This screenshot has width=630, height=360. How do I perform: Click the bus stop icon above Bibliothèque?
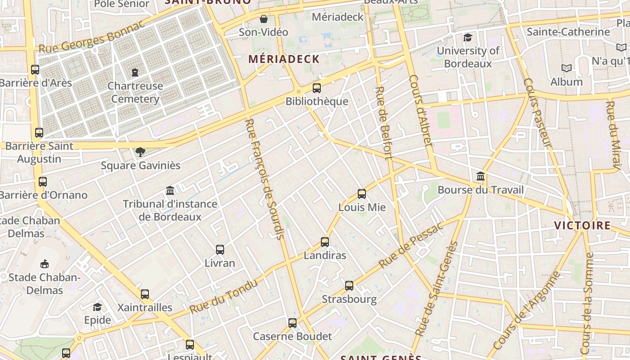(x=317, y=88)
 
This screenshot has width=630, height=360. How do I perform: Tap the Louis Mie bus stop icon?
(x=362, y=194)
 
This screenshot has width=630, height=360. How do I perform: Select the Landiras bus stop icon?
(x=325, y=242)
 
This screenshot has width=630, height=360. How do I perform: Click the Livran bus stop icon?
(x=220, y=250)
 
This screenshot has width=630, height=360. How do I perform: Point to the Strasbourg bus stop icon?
(x=349, y=286)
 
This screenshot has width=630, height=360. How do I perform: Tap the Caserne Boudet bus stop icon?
(x=292, y=323)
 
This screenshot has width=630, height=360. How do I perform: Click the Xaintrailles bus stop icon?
(x=145, y=294)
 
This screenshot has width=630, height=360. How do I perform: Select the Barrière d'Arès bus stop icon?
(x=35, y=70)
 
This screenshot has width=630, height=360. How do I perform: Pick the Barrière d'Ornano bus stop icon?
(x=43, y=182)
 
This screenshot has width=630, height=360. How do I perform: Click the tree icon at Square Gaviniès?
(x=140, y=152)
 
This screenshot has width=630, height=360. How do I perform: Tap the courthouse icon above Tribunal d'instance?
(x=170, y=191)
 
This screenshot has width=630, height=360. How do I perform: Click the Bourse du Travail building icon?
(x=481, y=176)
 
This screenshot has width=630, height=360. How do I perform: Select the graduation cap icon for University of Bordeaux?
(x=468, y=37)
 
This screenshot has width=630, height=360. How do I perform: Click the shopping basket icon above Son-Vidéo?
(x=264, y=19)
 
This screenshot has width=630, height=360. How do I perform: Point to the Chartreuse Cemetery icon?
(x=135, y=72)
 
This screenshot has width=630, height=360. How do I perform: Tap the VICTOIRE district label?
(x=582, y=225)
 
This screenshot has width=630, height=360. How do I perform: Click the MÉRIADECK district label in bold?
(x=284, y=59)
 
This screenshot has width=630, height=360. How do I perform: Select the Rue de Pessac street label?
(x=411, y=245)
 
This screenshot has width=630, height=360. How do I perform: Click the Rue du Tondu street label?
(x=223, y=297)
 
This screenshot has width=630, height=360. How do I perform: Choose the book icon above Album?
(x=567, y=68)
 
